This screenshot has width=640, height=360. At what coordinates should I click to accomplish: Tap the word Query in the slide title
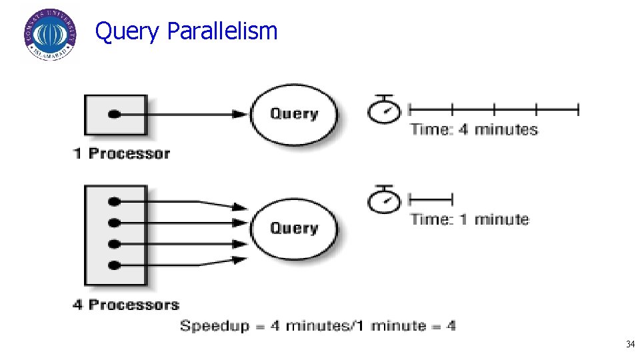[x=127, y=32]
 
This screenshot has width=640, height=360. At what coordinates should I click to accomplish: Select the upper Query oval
[x=293, y=114]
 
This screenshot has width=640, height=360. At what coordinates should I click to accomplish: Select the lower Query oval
[x=293, y=229]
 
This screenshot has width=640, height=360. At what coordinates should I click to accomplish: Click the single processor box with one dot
[x=115, y=115]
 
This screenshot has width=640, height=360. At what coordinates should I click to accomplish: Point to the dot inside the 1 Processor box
[x=115, y=115]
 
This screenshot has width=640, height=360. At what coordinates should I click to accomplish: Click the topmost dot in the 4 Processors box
[x=115, y=201]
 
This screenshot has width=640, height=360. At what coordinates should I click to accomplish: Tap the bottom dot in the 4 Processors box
[x=115, y=265]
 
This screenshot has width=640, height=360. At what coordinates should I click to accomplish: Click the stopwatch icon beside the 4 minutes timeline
[x=383, y=110]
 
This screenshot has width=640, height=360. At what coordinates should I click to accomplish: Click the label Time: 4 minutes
[x=474, y=129]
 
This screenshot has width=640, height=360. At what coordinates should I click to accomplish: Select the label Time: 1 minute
[x=469, y=219]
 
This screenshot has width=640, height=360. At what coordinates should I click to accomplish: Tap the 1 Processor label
[x=121, y=153]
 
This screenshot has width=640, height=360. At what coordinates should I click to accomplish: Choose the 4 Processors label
[x=126, y=305]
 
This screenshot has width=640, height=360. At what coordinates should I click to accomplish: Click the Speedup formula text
[x=318, y=326]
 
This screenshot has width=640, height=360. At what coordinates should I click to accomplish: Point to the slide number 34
[x=629, y=345]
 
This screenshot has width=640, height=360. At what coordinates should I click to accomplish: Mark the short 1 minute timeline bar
[x=430, y=198]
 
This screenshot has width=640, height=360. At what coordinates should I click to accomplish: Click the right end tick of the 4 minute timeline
[x=578, y=109]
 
